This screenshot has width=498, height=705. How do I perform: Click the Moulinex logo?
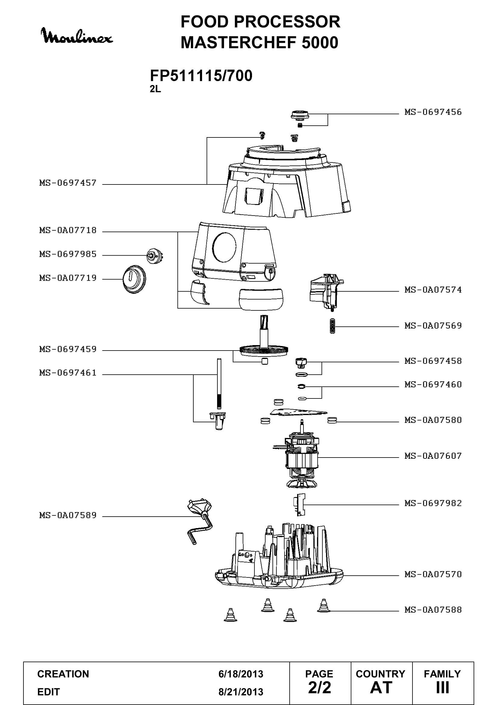[77, 36]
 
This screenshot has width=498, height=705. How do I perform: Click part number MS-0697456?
[433, 112]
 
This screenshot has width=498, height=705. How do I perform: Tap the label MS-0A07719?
[68, 278]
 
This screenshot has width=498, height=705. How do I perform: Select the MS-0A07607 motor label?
[433, 456]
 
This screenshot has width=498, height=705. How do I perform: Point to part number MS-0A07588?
[433, 609]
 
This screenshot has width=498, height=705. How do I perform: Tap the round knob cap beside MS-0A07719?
[134, 279]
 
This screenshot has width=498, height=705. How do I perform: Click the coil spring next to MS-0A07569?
[332, 326]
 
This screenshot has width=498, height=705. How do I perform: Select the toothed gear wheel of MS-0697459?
[264, 350]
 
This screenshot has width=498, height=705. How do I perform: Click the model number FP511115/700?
[201, 76]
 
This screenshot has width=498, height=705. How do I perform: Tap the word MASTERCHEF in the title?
[239, 42]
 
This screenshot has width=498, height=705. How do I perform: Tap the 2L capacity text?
[155, 89]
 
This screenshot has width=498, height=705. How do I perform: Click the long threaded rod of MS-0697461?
[219, 383]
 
